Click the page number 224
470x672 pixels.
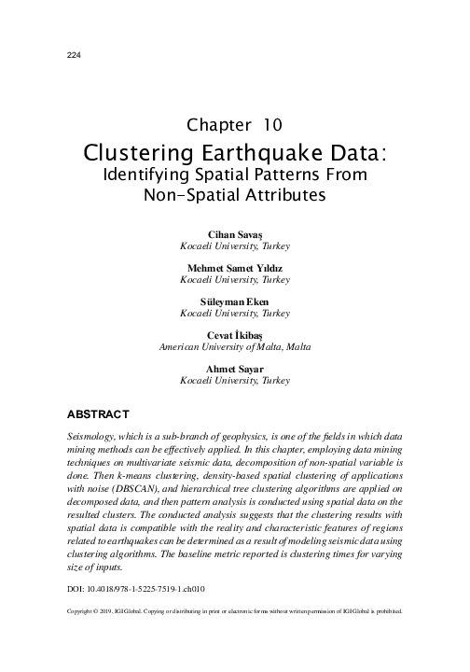(74, 54)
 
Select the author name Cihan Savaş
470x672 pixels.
(234, 231)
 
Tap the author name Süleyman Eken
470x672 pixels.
(234, 301)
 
